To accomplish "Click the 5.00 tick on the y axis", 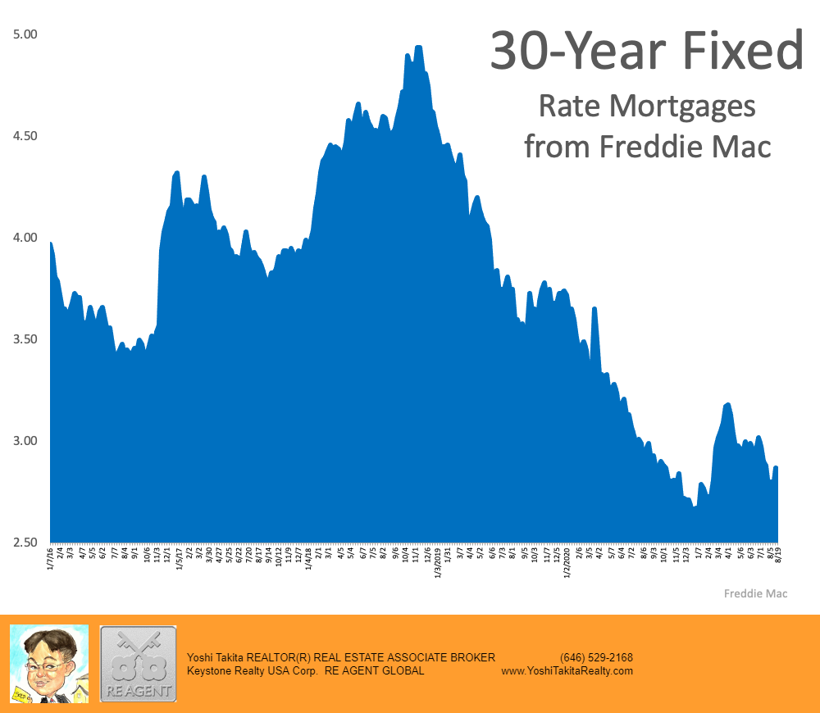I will [25, 34].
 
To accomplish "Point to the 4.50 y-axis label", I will [25, 136].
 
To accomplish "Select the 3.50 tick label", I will [25, 339].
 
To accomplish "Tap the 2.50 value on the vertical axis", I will [25, 543].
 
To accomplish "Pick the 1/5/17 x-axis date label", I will [179, 561].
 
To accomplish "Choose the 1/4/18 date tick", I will [308, 561].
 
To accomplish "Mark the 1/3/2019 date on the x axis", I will [437, 563].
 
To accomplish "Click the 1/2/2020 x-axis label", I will [567, 563].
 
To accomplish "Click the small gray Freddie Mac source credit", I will [755, 593].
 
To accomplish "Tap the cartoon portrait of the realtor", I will [48, 664].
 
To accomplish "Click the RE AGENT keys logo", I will [138, 664].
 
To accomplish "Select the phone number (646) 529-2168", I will [596, 657].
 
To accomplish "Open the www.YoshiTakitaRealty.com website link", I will [567, 670].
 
